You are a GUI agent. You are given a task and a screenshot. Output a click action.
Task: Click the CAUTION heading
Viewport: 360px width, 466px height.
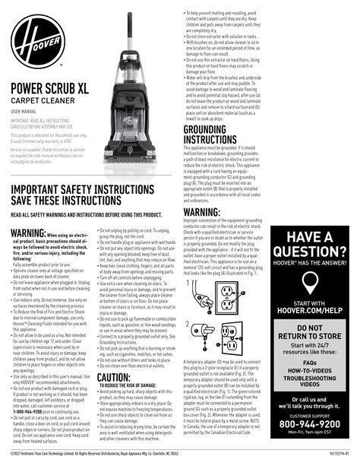(x=114, y=377)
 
